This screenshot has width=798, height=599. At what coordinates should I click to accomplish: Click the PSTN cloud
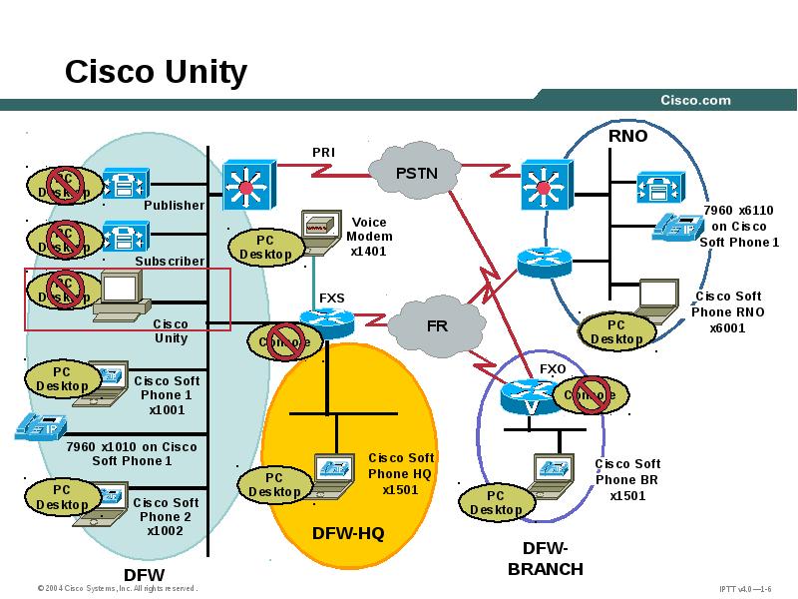(416, 173)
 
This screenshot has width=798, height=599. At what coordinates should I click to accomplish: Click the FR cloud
(437, 325)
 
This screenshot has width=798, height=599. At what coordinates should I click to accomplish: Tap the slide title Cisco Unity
(156, 72)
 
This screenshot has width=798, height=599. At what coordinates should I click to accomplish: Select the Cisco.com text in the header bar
(695, 100)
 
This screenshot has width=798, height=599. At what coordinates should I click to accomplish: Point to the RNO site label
(627, 136)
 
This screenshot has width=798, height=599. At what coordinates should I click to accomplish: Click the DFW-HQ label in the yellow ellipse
(348, 533)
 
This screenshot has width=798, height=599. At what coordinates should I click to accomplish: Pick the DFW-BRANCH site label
(545, 558)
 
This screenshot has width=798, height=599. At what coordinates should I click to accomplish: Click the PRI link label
(323, 152)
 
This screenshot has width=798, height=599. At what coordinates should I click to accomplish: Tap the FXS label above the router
(331, 298)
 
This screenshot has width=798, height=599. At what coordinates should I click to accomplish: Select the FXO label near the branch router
(553, 368)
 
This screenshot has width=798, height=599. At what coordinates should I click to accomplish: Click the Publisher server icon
(126, 185)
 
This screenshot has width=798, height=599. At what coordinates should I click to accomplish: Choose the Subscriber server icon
(126, 238)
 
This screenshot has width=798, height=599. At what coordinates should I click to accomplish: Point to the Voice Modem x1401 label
(369, 237)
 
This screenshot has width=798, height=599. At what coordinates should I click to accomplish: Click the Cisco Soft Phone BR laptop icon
(552, 470)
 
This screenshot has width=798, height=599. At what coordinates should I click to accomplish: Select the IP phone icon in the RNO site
(675, 227)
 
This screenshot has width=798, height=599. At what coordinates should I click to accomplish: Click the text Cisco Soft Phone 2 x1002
(166, 516)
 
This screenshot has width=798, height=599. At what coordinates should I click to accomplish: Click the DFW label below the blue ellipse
(144, 575)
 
